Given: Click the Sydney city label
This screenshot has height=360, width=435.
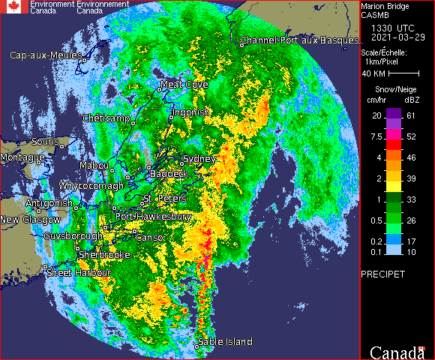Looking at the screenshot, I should click(x=199, y=159).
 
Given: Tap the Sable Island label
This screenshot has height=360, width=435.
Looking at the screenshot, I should click(x=225, y=342).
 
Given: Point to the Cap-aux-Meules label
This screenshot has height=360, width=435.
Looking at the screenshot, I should click(x=46, y=55).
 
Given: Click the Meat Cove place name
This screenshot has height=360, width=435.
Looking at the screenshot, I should click(x=184, y=85).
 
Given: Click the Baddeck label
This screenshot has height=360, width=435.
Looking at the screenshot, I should click(x=168, y=173).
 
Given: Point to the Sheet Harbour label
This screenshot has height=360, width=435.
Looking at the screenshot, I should click(x=79, y=273).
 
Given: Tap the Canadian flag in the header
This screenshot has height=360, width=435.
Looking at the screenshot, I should click(x=13, y=7).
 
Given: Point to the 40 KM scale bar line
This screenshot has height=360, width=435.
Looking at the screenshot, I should click(x=403, y=74).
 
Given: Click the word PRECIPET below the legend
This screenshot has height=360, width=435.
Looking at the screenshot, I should click(x=382, y=274).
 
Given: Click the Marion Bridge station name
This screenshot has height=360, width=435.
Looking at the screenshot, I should click(x=385, y=5).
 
